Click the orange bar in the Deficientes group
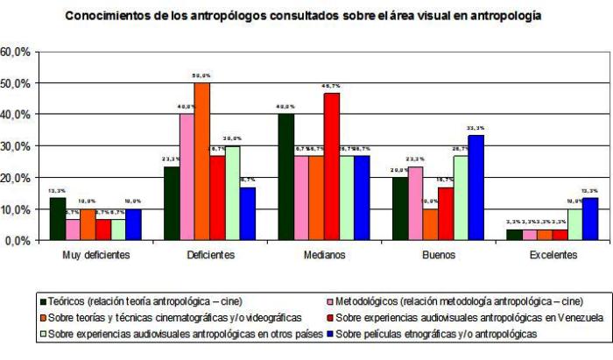click(x=202, y=161)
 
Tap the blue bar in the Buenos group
click(x=476, y=187)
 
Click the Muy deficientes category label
click(x=95, y=255)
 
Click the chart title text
click(x=303, y=15)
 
